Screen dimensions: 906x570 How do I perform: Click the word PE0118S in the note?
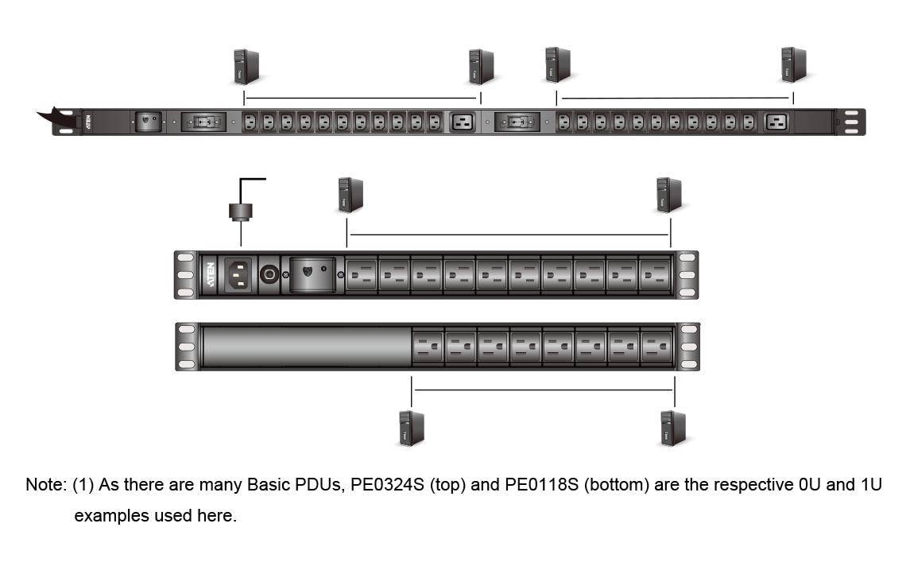(541, 484)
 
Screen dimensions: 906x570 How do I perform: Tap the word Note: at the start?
(46, 484)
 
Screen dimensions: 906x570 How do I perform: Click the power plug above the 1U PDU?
(241, 211)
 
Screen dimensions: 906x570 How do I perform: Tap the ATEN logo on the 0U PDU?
(88, 122)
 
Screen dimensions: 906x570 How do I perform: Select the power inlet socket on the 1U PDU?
(238, 274)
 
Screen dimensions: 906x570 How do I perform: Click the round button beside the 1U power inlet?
(269, 274)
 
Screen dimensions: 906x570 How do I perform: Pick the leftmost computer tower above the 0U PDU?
(246, 67)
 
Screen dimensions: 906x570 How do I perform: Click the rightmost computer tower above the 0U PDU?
(793, 64)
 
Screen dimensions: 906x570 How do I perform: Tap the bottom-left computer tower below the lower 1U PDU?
(412, 428)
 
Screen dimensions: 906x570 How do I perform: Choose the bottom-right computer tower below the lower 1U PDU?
(673, 428)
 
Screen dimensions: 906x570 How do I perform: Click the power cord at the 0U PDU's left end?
(58, 118)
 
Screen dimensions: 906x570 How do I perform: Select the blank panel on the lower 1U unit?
(307, 347)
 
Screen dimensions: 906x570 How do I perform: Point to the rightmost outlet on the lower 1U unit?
(656, 347)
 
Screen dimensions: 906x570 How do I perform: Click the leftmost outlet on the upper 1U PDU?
(361, 274)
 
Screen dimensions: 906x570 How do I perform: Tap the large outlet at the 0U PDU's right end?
(776, 122)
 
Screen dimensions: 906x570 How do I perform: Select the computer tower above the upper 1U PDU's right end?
(669, 195)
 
